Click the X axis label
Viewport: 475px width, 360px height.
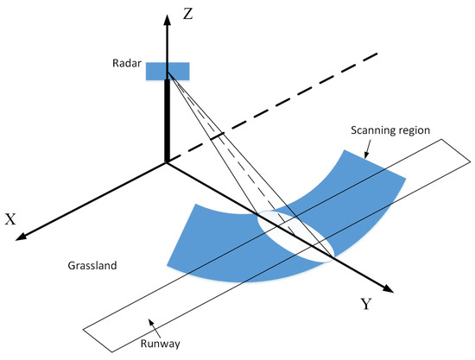pos(11,219)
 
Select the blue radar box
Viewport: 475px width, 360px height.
pos(167,71)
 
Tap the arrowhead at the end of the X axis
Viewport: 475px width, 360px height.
pos(22,237)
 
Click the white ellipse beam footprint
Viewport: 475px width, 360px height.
pos(295,234)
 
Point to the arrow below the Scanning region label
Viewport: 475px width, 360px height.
pos(368,151)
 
